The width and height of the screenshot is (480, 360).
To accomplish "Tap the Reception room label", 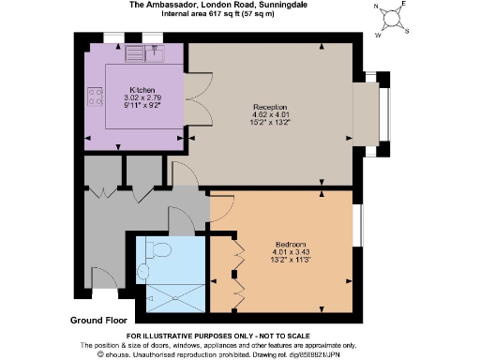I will (270, 107).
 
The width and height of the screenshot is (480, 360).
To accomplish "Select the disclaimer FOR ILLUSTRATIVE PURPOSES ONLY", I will (241, 336).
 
